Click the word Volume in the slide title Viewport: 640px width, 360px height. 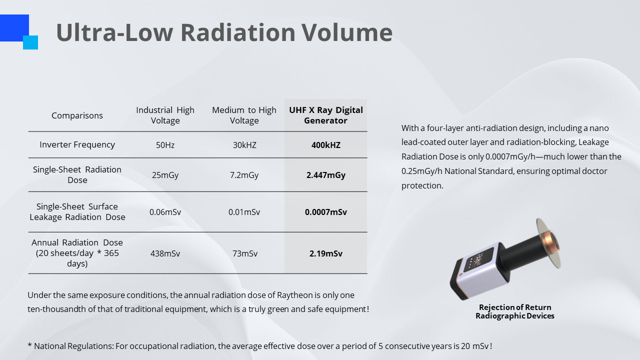point(347,32)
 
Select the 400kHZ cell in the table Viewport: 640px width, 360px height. point(325,145)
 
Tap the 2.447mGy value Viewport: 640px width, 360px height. point(325,175)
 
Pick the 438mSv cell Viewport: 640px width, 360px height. point(165,253)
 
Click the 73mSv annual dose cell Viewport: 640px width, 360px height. point(244,253)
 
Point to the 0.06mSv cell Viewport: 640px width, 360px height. point(165,212)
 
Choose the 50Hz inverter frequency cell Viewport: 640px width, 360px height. point(165,145)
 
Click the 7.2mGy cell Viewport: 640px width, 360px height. point(244,175)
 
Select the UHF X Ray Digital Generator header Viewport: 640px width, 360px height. point(325,115)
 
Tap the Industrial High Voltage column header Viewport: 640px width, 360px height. point(165,115)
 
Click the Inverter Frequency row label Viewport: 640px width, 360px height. point(77,144)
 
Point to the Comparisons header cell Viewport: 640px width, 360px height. point(77,115)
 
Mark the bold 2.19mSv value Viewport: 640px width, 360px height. point(325,253)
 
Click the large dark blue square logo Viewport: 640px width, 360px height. point(14,27)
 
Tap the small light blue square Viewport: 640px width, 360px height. point(30,42)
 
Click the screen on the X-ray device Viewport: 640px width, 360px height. point(478,259)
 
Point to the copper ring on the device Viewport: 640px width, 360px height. point(551,242)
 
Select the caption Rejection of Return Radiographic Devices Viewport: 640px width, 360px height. point(515,311)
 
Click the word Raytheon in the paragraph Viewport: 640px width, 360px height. point(294,295)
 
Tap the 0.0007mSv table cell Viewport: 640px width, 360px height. point(325,212)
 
